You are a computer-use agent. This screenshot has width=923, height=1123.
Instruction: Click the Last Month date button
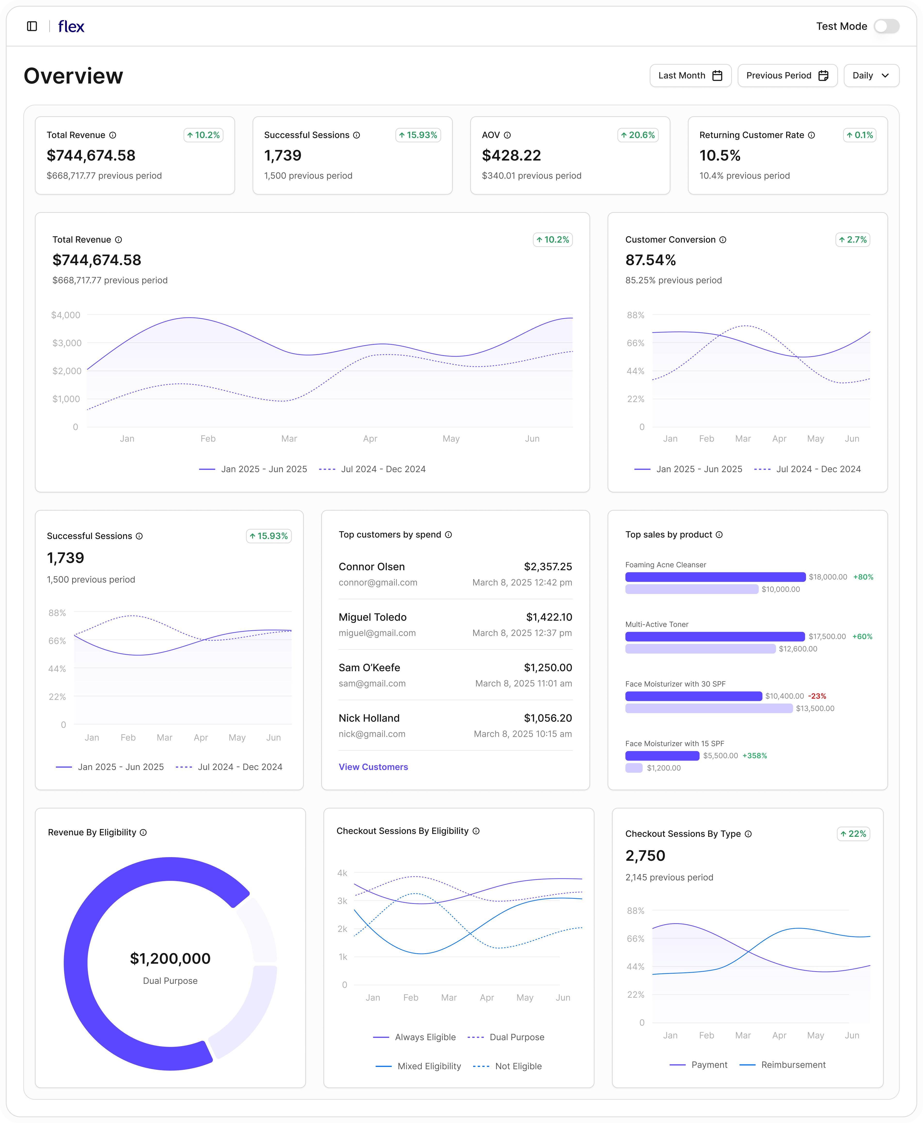pos(690,76)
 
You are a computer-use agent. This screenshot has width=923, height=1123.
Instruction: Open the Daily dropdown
pos(870,76)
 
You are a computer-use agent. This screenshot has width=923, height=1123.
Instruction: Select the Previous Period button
pos(787,76)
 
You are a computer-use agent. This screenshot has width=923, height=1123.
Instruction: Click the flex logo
pos(71,26)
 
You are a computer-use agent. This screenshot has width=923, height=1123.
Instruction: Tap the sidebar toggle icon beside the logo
pos(32,26)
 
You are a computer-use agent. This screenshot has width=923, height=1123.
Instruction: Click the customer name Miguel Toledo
pos(372,617)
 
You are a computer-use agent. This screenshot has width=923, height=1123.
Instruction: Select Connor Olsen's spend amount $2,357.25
pos(548,567)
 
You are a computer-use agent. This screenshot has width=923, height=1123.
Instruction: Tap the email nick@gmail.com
pos(372,734)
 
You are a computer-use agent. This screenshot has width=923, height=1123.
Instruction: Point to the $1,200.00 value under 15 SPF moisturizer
pos(664,768)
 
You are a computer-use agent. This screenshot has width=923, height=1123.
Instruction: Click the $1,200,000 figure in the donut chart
pos(170,958)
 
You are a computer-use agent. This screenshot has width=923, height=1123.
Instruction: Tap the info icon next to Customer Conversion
pos(723,240)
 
